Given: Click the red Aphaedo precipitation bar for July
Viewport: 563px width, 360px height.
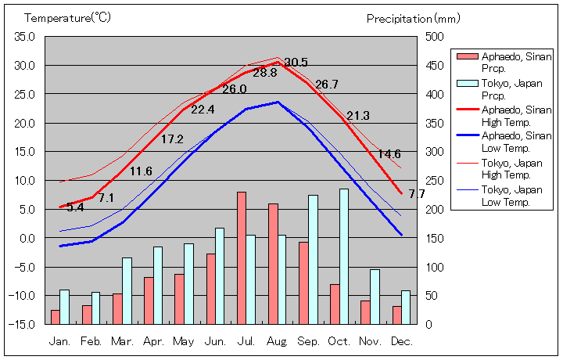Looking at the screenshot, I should click(242, 257).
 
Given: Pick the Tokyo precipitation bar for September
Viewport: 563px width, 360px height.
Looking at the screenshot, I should click(313, 259).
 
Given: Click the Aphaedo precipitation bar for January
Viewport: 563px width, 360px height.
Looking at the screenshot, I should click(55, 317).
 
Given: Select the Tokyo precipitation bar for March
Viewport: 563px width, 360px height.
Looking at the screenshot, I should click(127, 290).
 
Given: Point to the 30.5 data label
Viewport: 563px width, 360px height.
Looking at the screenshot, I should click(296, 63).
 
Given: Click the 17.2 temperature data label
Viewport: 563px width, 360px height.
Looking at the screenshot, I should click(172, 139).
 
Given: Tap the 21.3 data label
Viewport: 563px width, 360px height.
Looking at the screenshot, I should click(357, 116).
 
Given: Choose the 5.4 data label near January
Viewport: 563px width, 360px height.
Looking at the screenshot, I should click(75, 207).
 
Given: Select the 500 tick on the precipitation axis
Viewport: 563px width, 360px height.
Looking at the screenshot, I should click(436, 37).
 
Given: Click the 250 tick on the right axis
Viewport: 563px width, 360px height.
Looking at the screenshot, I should click(436, 180).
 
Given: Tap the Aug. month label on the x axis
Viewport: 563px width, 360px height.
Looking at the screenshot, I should click(278, 342).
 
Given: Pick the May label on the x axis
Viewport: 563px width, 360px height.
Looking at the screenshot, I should click(184, 342).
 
